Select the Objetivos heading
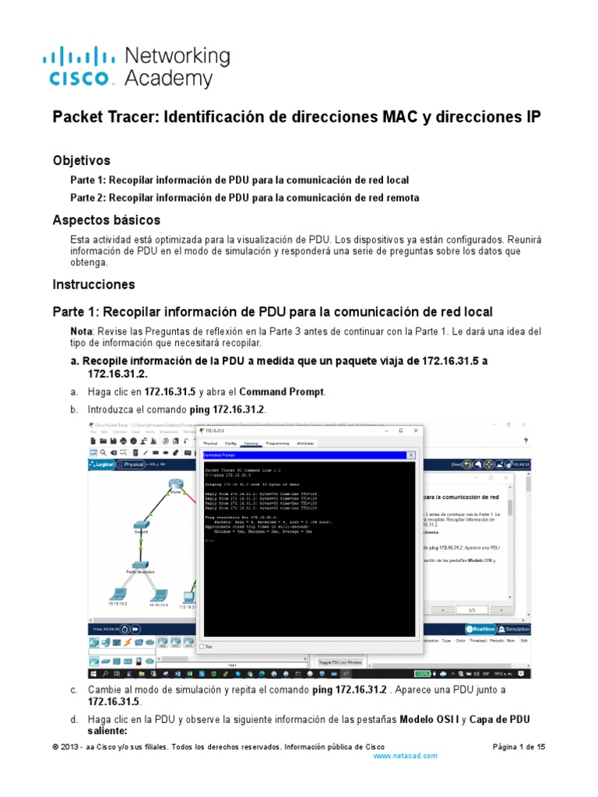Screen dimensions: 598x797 pos(82,160)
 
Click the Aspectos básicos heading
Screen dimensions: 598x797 pos(106,220)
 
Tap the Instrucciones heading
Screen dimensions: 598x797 pos(93,284)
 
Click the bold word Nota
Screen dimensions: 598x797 pos(82,332)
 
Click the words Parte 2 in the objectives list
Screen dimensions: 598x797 pos(88,198)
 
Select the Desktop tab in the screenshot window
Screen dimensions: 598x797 pos(251,443)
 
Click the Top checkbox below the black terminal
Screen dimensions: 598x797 pos(203,646)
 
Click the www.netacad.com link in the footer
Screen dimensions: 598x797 pos(406,756)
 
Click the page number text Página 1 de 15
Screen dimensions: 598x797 pos(519,746)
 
